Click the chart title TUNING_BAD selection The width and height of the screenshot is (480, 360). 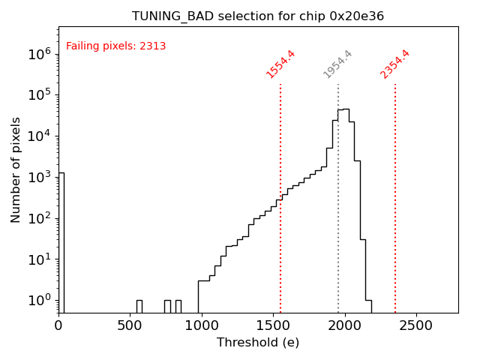(258, 16)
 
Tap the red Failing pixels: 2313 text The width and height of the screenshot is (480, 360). (116, 46)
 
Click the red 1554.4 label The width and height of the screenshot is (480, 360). (280, 64)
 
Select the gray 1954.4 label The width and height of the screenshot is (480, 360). (337, 64)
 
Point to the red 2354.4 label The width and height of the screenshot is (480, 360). (395, 64)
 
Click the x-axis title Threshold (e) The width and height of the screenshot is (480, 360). (258, 343)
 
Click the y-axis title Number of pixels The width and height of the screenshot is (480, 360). (16, 169)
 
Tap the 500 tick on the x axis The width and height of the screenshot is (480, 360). (130, 326)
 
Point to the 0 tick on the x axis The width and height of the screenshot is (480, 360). (58, 326)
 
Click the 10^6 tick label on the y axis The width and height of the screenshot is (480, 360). (38, 54)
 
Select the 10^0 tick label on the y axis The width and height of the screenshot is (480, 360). (38, 301)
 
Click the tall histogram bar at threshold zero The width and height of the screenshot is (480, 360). (61, 240)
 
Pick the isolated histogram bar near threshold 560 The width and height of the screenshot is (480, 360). (139, 306)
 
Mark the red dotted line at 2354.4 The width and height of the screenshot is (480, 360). (395, 195)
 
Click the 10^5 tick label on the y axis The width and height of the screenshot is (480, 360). (38, 95)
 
